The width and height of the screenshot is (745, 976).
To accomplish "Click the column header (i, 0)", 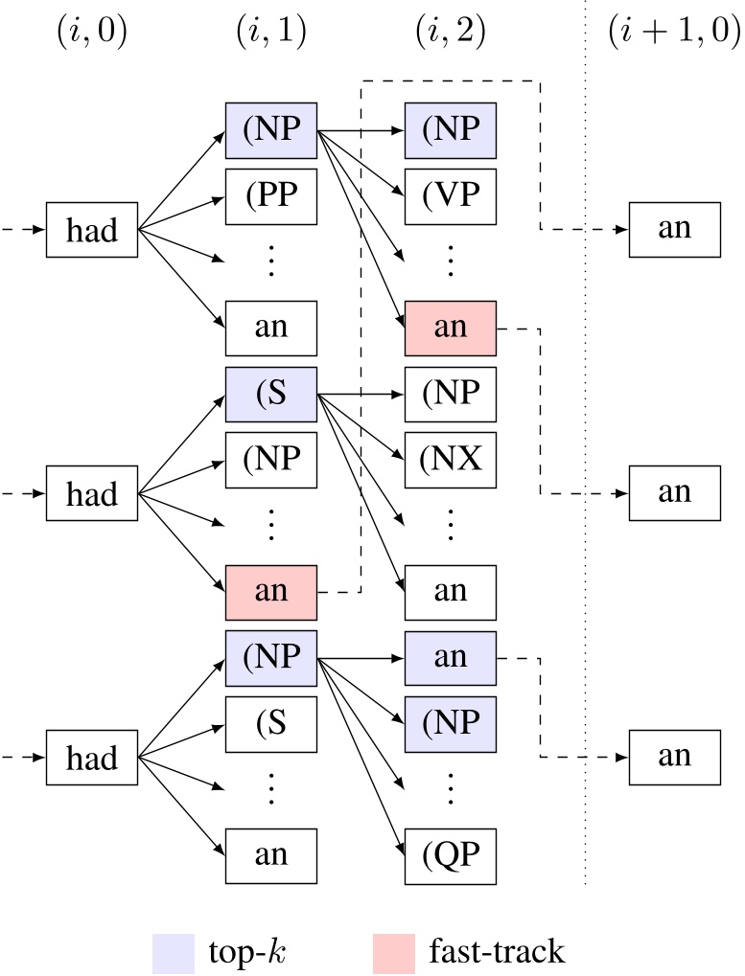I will pyautogui.click(x=92, y=34).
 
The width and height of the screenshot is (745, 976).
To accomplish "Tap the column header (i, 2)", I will pyautogui.click(x=450, y=34).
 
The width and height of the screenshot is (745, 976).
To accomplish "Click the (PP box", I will pyautogui.click(x=270, y=195).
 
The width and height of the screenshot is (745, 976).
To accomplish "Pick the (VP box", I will pyautogui.click(x=450, y=195).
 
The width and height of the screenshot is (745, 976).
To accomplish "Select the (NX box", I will pyautogui.click(x=450, y=461).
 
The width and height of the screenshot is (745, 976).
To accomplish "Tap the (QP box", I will pyautogui.click(x=450, y=855).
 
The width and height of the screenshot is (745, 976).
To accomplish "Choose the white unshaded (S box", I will pyautogui.click(x=270, y=723).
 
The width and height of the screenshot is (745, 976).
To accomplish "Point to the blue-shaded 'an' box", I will pyautogui.click(x=450, y=656).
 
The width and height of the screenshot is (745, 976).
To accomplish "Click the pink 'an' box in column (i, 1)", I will pyautogui.click(x=270, y=591).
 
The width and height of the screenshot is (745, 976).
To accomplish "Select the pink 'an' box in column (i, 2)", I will pyautogui.click(x=450, y=328).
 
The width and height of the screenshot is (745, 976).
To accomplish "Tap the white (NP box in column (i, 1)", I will pyautogui.click(x=270, y=461).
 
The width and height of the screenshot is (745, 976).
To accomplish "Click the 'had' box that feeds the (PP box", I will pyautogui.click(x=92, y=230).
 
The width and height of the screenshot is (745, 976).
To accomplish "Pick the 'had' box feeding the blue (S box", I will pyautogui.click(x=92, y=494).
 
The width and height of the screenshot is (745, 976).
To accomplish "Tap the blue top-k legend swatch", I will pyautogui.click(x=173, y=953).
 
